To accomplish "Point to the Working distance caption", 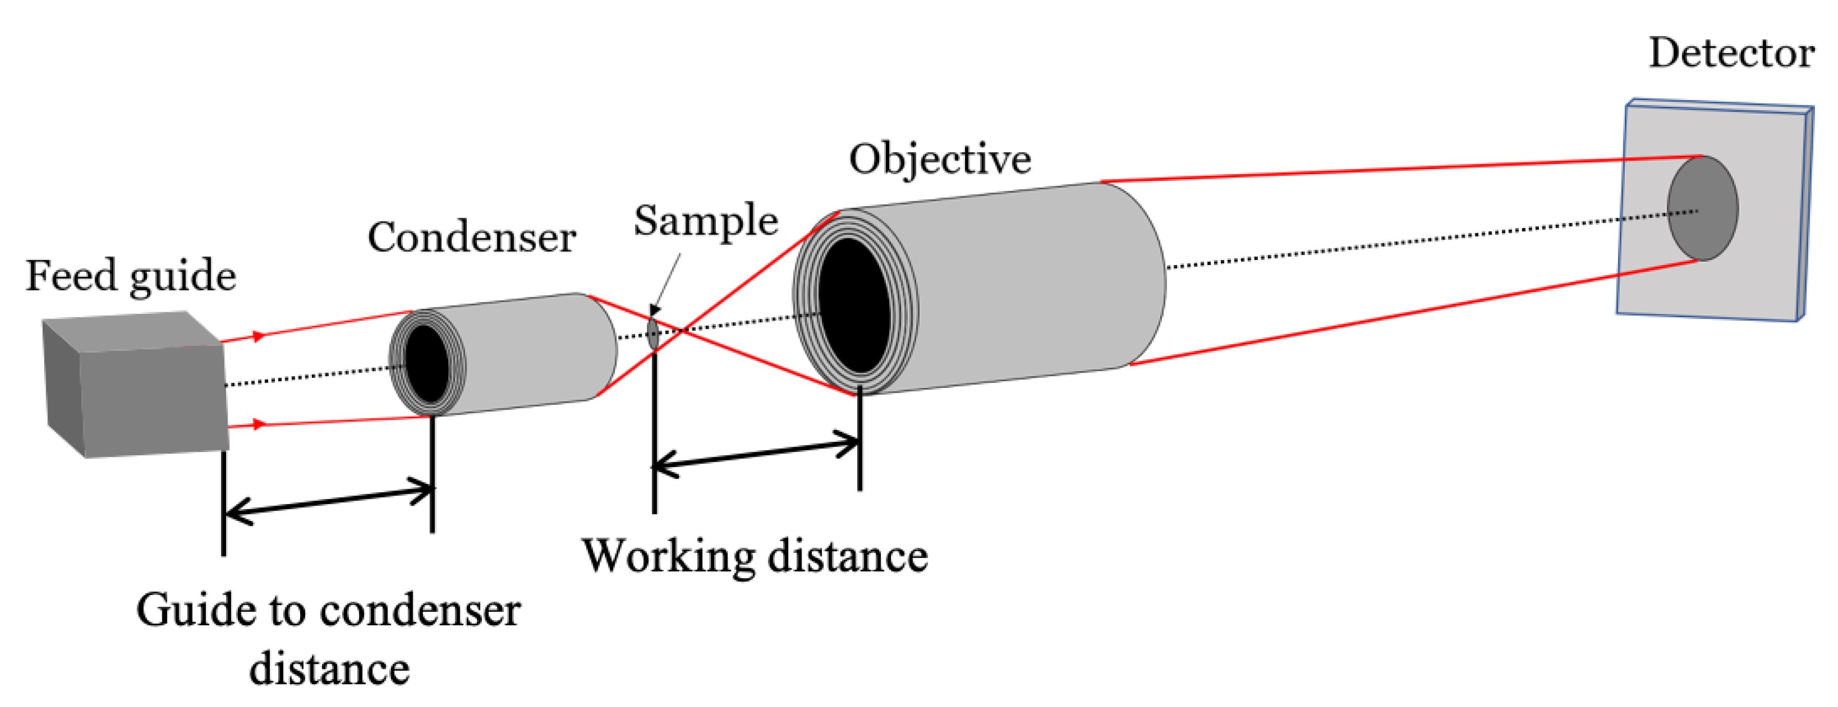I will coord(755,556).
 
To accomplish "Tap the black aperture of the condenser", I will coord(426,364).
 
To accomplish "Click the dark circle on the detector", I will coord(1702,208).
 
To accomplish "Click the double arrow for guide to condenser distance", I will coord(328,501).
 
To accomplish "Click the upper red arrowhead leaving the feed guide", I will coord(259,336).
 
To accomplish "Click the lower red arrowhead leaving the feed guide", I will coord(259,424).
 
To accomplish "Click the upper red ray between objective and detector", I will coord(1399,169).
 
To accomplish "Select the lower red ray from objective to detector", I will coord(1413,312).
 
